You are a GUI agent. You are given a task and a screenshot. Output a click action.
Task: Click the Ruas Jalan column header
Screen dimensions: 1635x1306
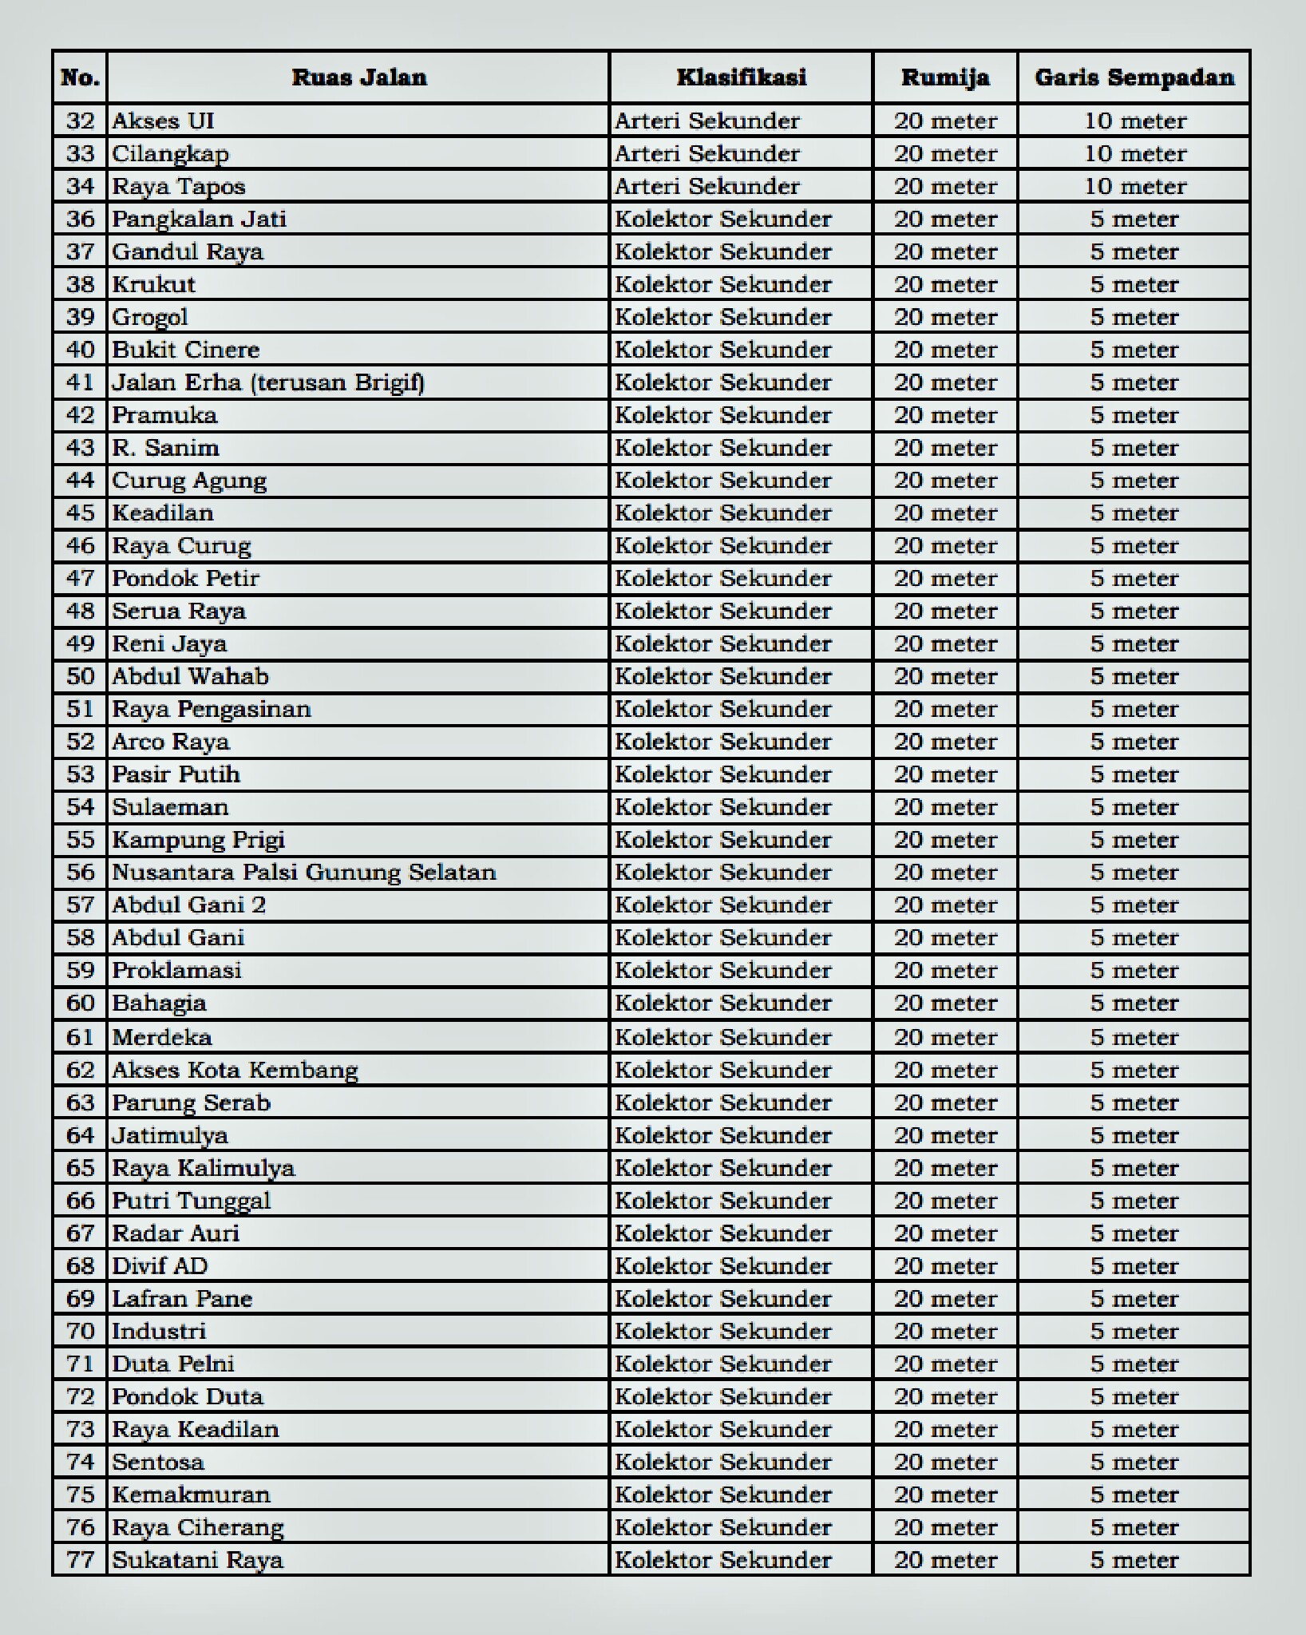pos(358,77)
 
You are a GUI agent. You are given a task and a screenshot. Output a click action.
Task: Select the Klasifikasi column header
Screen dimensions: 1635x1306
pos(741,77)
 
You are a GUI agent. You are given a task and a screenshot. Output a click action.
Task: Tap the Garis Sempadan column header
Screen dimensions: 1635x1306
pos(1134,77)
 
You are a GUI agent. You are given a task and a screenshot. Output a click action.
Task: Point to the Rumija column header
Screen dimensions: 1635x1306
pos(945,77)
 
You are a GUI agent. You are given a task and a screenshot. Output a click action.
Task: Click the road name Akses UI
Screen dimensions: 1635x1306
pos(164,121)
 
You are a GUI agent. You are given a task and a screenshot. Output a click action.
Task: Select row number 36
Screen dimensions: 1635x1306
pos(80,219)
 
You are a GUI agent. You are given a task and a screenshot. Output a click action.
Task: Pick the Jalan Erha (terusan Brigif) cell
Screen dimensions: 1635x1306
pos(268,382)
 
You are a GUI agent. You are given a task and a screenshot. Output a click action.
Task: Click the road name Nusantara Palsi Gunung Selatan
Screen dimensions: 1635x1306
pos(304,872)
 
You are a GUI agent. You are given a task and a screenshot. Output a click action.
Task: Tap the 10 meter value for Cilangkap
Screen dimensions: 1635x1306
pos(1134,153)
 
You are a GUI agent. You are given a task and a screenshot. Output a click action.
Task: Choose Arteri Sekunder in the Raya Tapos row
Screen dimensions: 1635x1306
pos(707,186)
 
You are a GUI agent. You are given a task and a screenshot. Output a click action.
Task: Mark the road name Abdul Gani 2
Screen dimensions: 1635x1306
pos(189,905)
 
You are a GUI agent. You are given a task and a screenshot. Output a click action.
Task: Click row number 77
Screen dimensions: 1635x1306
pos(80,1559)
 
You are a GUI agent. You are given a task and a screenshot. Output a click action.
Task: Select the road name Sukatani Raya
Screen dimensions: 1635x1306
pos(198,1559)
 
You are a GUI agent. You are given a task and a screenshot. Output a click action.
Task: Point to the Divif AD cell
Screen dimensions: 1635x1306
pos(160,1265)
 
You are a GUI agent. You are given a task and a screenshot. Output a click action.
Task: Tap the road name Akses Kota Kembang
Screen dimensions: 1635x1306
pos(235,1070)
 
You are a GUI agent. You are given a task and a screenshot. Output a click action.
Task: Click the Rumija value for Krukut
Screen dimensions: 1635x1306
pos(945,284)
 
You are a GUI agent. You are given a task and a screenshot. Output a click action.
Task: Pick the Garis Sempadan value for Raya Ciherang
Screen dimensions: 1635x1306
pos(1134,1526)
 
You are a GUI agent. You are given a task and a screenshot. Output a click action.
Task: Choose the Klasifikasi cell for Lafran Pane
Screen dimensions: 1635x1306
pos(723,1298)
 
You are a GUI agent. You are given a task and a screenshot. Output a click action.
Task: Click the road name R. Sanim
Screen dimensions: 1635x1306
pos(166,447)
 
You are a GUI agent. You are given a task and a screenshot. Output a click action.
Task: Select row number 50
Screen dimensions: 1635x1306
pos(80,676)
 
